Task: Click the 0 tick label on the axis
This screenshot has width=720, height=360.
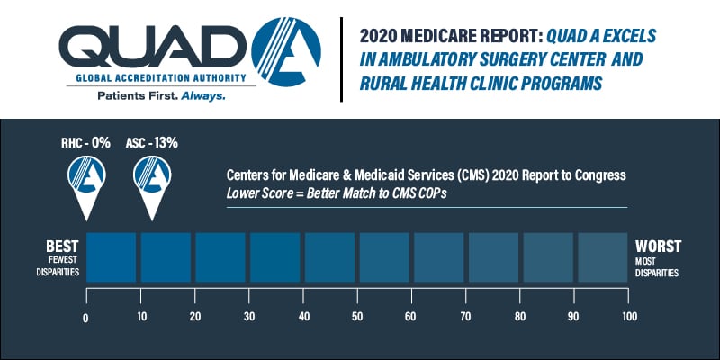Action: pos(86,317)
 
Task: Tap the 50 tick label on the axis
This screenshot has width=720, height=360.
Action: pos(358,317)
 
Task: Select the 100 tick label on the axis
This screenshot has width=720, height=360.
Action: pos(629,317)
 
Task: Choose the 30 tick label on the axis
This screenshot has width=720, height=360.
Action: pos(249,317)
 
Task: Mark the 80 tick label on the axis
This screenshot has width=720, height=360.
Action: pos(521,317)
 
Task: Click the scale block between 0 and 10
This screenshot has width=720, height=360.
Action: pos(112,258)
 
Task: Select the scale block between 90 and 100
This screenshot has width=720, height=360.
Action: pos(602,258)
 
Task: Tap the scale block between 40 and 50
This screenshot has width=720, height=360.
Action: pos(329,258)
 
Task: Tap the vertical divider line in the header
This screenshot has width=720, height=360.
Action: pos(341,58)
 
